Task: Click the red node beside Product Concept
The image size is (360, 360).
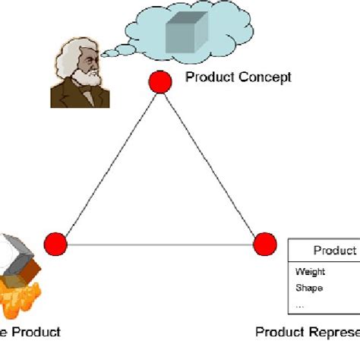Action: pyautogui.click(x=159, y=82)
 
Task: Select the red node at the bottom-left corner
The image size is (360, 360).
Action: pyautogui.click(x=55, y=245)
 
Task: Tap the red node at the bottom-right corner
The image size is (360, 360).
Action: pyautogui.click(x=264, y=245)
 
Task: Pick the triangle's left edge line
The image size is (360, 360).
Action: pyautogui.click(x=106, y=164)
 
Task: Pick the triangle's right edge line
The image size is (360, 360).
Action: pyautogui.click(x=212, y=164)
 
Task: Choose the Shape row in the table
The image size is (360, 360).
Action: pyautogui.click(x=309, y=288)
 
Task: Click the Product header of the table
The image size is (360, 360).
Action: pyautogui.click(x=334, y=251)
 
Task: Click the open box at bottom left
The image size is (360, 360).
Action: pyautogui.click(x=23, y=258)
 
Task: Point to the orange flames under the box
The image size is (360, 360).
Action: pyautogui.click(x=23, y=300)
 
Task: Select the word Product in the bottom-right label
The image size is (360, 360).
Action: pyautogui.click(x=281, y=332)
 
